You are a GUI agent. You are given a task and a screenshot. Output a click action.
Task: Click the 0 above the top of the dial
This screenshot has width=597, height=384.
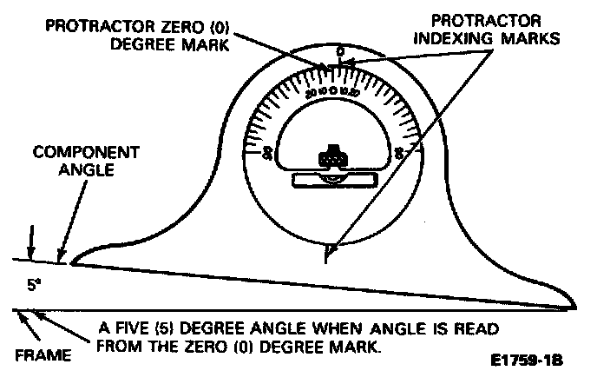pyautogui.click(x=339, y=52)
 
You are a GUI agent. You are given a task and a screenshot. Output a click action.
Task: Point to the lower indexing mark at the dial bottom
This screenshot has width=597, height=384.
pyautogui.click(x=327, y=254)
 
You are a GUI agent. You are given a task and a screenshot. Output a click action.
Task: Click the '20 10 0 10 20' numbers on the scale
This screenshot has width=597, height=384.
pyautogui.click(x=332, y=91)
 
